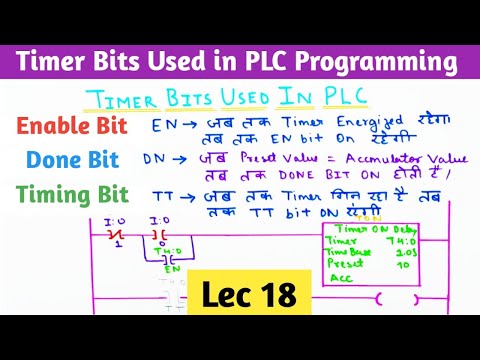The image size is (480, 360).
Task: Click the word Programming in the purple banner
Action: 378,64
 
